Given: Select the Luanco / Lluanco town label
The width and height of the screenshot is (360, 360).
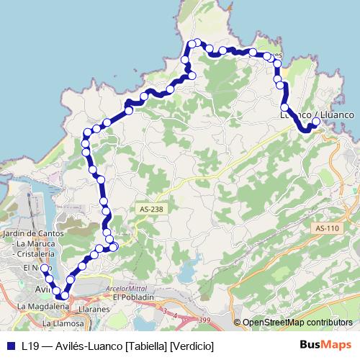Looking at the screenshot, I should (317, 114).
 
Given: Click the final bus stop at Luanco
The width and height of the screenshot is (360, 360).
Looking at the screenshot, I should (316, 122).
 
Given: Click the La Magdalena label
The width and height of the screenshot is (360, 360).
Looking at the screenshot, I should (42, 306).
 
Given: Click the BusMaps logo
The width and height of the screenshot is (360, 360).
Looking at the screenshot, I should (325, 345).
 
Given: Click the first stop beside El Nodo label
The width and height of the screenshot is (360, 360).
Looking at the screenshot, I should (44, 269).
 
